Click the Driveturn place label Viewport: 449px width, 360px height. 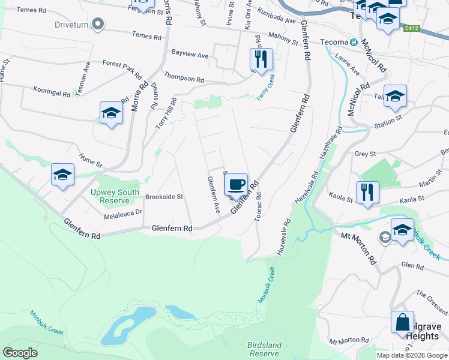pyautogui.click(x=71, y=25)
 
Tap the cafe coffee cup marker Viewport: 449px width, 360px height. pyautogui.click(x=236, y=184)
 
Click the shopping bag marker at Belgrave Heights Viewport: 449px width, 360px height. pyautogui.click(x=402, y=322)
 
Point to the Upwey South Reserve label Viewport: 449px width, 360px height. pyautogui.click(x=115, y=196)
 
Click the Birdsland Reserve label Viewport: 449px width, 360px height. pyautogui.click(x=264, y=349)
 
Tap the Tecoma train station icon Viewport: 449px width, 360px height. pyautogui.click(x=354, y=42)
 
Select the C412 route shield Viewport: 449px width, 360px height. pyautogui.click(x=411, y=28)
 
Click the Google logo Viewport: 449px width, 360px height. pyautogui.click(x=20, y=353)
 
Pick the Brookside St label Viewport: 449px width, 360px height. pyautogui.click(x=164, y=196)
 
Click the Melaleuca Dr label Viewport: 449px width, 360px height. pyautogui.click(x=122, y=213)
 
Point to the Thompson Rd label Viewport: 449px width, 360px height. pyautogui.click(x=184, y=79)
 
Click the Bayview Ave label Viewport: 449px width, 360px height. pyautogui.click(x=190, y=55)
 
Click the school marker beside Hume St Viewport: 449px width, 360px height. pyautogui.click(x=62, y=175)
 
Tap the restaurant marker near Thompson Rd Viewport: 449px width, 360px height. pyautogui.click(x=261, y=59)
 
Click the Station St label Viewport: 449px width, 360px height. pyautogui.click(x=387, y=122)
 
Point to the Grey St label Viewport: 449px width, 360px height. pyautogui.click(x=364, y=154)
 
